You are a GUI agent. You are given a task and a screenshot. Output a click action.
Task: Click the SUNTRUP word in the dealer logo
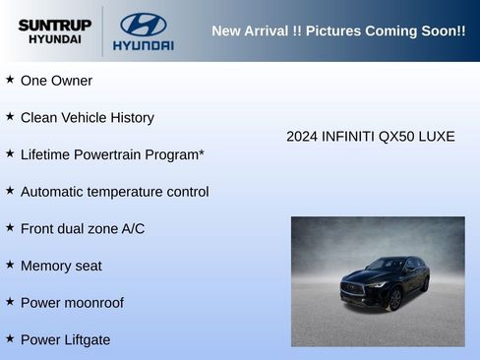[54, 24]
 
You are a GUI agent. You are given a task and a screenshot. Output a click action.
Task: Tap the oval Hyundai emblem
[143, 24]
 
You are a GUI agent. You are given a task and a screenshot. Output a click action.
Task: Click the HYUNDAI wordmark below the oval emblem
[143, 45]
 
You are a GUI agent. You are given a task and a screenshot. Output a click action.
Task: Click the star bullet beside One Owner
[10, 80]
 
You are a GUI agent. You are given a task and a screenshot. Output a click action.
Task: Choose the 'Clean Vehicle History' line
[88, 118]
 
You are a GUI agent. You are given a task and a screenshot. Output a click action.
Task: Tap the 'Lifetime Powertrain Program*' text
[112, 154]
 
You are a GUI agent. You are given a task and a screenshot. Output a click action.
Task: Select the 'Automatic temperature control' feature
[114, 192]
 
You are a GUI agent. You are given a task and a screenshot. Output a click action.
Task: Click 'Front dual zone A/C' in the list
[83, 229]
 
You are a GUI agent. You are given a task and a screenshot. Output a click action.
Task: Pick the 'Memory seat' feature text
[61, 266]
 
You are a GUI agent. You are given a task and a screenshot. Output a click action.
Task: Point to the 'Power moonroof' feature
[72, 303]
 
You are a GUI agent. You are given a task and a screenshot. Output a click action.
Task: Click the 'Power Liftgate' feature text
[65, 340]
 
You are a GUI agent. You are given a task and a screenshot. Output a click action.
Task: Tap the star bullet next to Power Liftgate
[10, 339]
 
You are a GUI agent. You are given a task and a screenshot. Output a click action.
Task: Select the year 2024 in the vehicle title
[302, 137]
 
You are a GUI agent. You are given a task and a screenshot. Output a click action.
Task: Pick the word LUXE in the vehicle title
[436, 137]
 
